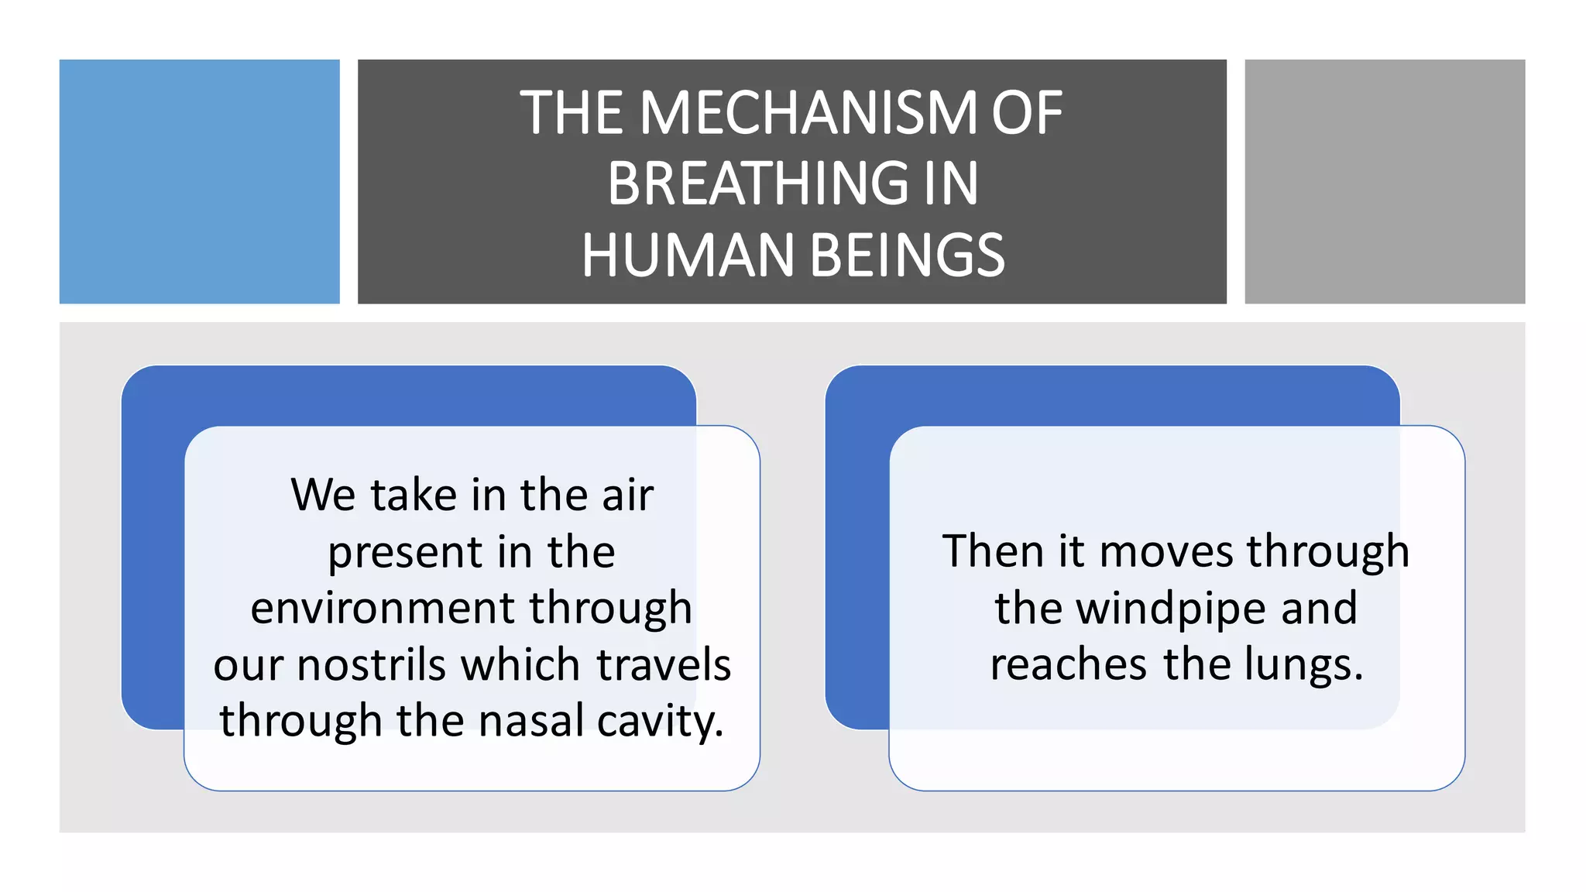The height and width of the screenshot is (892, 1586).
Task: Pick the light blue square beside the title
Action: pos(199,181)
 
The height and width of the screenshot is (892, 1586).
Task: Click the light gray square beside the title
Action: pos(1385,181)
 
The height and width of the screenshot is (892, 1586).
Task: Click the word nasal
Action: pos(531,721)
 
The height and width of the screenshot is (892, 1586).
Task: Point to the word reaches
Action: pos(1068,664)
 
